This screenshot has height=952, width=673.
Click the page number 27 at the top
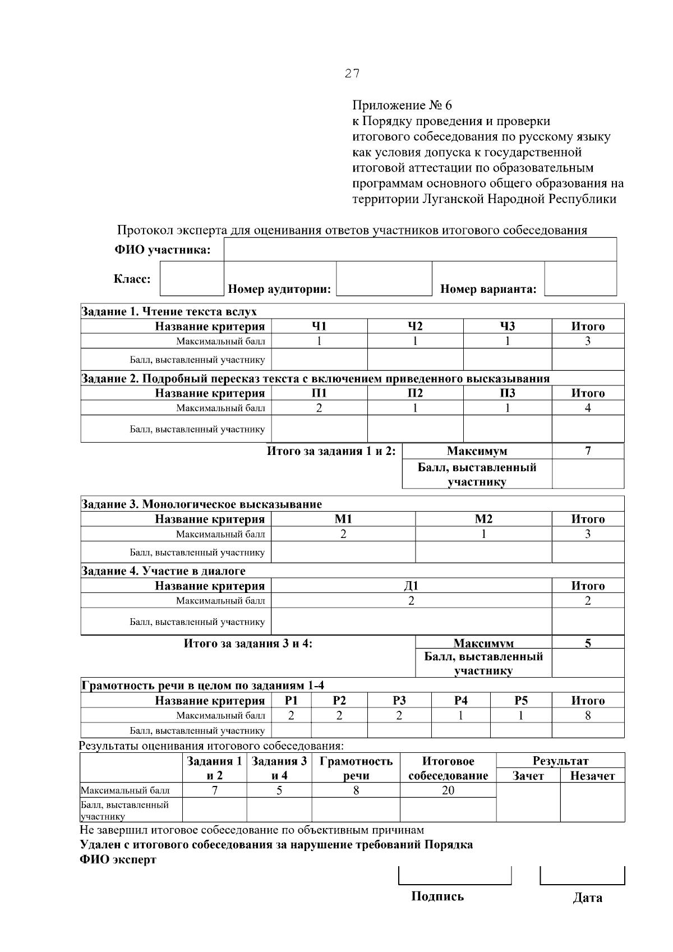352,73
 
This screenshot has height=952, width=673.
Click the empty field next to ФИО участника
420,249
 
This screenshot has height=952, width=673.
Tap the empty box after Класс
192,279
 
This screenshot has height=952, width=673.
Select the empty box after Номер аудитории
384,279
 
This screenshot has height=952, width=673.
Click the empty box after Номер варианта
580,279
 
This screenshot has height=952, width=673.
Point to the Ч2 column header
415,326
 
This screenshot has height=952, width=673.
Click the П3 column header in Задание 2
507,393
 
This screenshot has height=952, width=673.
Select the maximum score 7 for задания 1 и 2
588,451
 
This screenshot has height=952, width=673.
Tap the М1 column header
343,519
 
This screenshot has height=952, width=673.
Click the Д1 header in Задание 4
411,586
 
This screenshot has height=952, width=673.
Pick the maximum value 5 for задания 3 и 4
588,643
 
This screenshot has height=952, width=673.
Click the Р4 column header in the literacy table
460,700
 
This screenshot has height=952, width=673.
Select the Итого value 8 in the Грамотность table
588,715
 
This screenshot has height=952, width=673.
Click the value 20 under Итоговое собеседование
448,790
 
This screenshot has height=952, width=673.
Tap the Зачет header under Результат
528,776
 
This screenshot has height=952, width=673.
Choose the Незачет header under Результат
592,776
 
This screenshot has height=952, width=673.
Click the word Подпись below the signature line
437,896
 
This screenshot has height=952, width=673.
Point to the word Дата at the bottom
587,898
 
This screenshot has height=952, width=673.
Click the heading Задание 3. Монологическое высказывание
202,504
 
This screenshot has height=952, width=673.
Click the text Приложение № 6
402,105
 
